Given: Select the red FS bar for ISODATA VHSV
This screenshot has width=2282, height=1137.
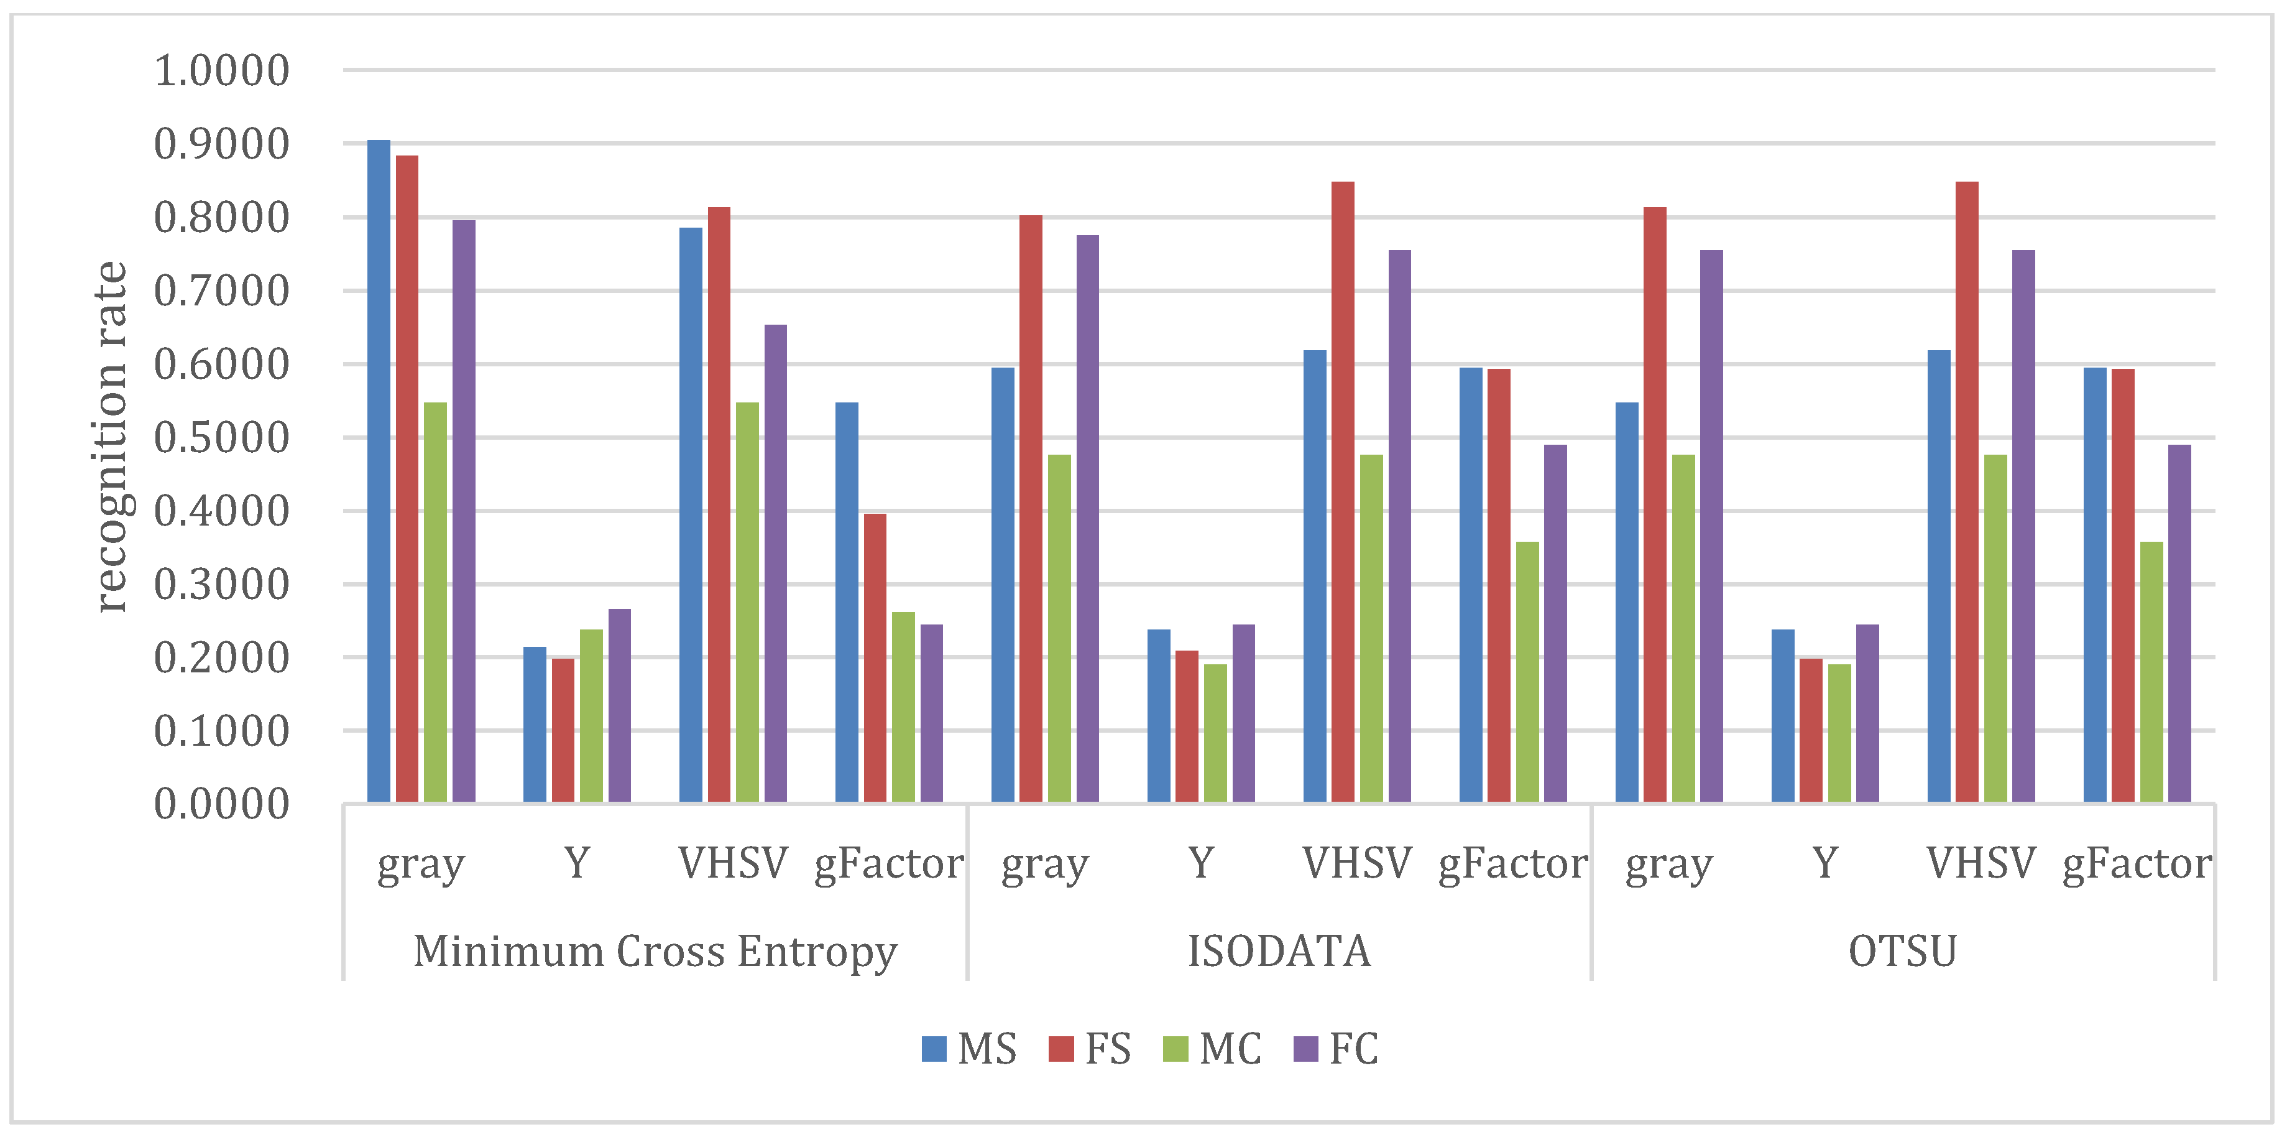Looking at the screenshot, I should [x=1342, y=493].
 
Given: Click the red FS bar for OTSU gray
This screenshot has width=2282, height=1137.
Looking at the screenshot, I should [x=1655, y=505].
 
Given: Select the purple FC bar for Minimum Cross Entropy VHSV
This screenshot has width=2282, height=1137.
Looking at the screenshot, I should [x=775, y=564].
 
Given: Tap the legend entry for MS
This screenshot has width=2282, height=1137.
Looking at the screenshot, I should [x=969, y=1049].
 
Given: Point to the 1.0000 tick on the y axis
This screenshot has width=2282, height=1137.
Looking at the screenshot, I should [x=221, y=71].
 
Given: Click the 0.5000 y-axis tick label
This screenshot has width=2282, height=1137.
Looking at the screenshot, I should [x=221, y=438].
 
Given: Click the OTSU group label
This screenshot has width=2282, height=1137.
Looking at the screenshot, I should [x=1902, y=952].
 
